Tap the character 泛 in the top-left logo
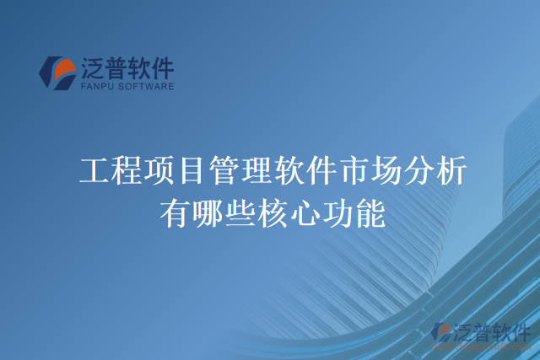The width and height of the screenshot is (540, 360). tap(91, 67)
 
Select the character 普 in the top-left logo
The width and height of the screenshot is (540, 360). tap(116, 67)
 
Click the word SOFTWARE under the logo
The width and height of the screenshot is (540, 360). tap(146, 85)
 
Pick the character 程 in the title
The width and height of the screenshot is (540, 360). tap(126, 172)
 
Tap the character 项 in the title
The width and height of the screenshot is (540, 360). tap(158, 172)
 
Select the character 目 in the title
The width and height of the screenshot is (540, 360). tap(191, 172)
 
